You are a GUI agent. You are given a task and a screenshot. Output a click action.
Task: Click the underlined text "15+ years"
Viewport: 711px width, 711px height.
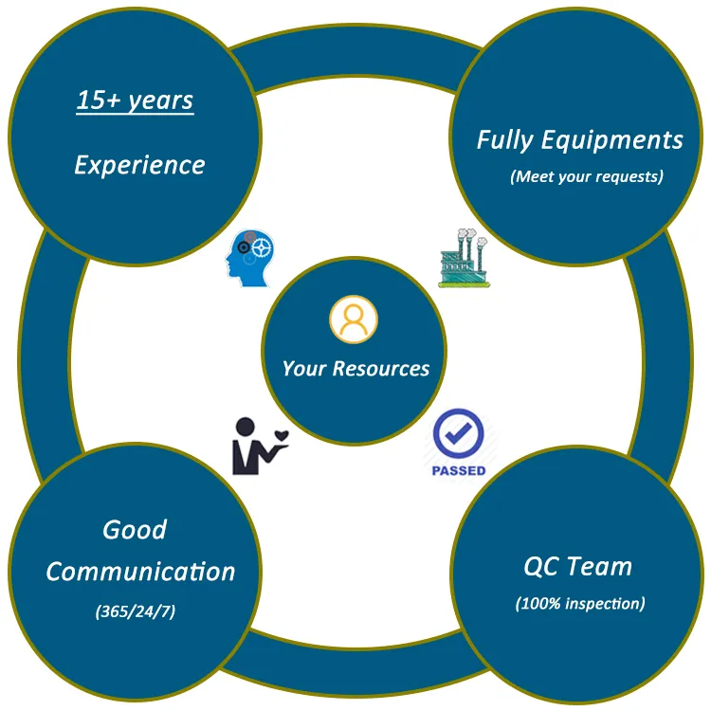135,100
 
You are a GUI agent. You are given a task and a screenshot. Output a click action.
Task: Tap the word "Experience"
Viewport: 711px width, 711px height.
139,164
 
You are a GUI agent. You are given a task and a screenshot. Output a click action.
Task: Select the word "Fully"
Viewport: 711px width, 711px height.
506,140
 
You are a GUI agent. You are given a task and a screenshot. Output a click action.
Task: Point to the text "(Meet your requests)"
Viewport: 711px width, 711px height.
586,176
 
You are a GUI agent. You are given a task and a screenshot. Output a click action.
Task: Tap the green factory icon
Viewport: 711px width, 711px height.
464,258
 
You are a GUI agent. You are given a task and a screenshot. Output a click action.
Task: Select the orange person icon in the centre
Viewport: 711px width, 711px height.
354,320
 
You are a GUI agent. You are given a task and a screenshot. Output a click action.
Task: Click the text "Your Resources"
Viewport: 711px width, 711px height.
355,369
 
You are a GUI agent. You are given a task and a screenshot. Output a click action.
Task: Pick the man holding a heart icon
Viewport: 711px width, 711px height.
251,445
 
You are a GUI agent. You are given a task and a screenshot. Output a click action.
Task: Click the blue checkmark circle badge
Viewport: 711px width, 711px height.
459,435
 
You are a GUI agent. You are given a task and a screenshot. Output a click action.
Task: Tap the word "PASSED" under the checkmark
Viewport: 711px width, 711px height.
459,470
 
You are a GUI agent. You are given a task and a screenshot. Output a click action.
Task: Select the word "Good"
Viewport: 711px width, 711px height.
135,529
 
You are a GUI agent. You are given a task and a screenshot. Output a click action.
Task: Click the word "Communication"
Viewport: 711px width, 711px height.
140,572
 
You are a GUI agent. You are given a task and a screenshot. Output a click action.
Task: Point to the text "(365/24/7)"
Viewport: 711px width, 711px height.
136,611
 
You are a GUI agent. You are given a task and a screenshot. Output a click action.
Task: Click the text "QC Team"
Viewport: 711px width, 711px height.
577,567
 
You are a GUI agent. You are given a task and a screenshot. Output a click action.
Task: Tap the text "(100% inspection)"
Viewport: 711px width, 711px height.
580,603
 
